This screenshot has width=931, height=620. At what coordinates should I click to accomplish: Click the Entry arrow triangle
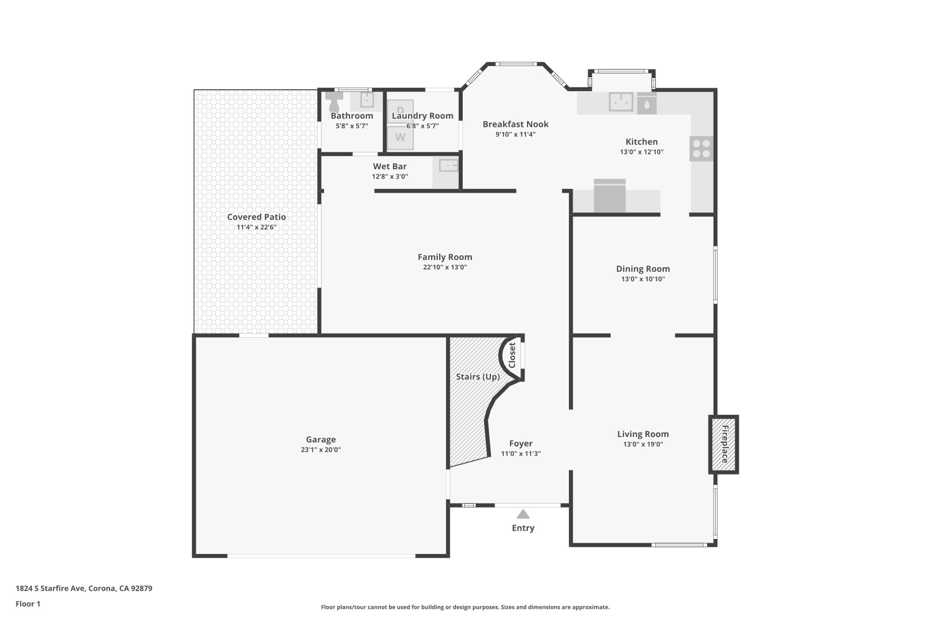(523, 514)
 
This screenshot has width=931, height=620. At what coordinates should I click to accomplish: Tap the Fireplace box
(724, 444)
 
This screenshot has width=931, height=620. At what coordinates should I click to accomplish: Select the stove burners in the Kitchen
(701, 149)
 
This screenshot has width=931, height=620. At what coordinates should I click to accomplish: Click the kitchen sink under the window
(621, 102)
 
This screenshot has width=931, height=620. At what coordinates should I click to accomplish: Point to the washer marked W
(400, 138)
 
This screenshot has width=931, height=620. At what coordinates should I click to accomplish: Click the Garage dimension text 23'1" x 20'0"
(321, 450)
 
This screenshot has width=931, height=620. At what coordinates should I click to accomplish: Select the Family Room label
(445, 257)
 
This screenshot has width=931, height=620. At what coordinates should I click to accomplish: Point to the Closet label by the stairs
(512, 355)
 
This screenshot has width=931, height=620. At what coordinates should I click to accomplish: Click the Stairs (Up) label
(478, 376)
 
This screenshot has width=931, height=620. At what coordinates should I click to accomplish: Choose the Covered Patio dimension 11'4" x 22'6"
(256, 227)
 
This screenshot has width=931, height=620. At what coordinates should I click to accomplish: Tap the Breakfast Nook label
(515, 124)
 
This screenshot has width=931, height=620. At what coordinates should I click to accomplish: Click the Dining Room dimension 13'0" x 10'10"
(643, 279)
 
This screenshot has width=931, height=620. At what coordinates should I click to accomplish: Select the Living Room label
(643, 434)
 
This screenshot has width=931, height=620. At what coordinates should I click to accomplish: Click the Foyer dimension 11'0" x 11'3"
(520, 453)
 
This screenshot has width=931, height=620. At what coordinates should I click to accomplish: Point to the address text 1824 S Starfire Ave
(84, 588)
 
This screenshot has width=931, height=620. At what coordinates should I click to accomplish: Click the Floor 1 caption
(28, 604)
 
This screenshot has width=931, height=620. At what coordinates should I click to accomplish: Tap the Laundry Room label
(422, 116)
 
